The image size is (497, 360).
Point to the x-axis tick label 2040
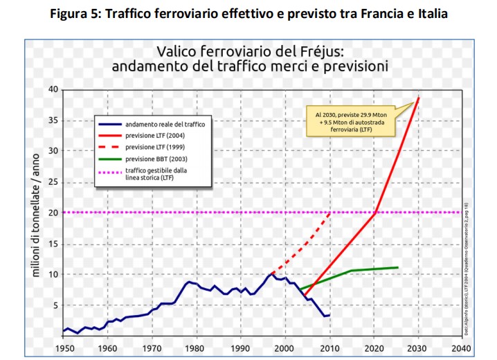[462, 347]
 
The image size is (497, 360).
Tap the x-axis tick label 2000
[284, 347]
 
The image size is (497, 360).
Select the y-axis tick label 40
[52, 89]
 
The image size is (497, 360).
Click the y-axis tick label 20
[52, 212]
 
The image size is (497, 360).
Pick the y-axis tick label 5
[55, 305]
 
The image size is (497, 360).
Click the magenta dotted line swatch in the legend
[110, 171]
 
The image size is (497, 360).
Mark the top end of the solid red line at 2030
[418, 98]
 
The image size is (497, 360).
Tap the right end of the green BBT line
[398, 267]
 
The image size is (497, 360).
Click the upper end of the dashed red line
[329, 212]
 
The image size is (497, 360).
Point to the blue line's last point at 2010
[329, 315]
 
